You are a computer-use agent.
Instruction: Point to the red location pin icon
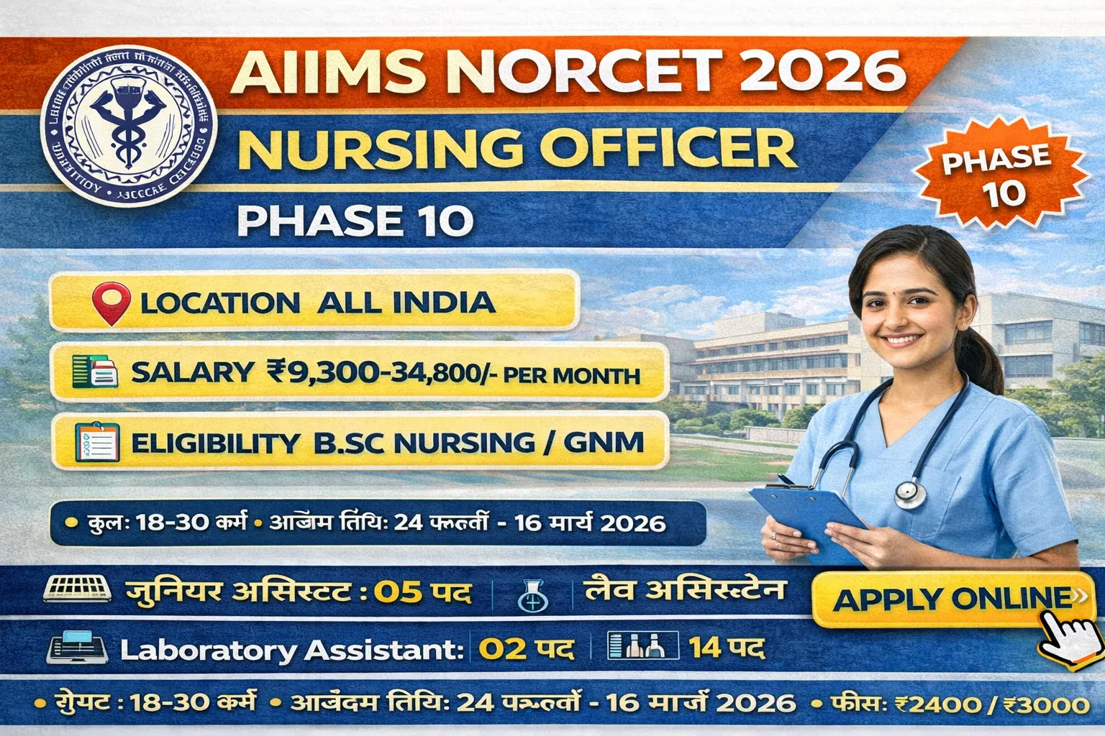pyautogui.click(x=112, y=302)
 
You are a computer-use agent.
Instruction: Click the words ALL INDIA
pyautogui.click(x=406, y=303)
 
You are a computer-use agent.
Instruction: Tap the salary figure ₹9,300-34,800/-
pyautogui.click(x=384, y=372)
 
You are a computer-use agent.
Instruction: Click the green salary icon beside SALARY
pyautogui.click(x=94, y=372)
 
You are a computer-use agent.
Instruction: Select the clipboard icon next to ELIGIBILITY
pyautogui.click(x=96, y=441)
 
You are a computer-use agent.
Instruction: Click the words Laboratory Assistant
pyautogui.click(x=291, y=650)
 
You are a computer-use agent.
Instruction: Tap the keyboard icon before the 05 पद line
pyautogui.click(x=77, y=589)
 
